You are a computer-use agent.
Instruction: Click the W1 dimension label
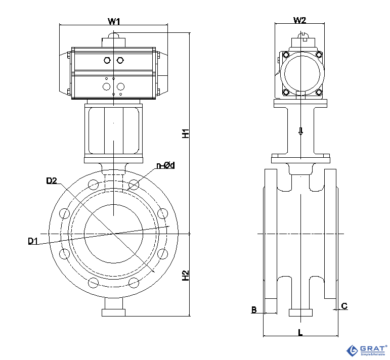[x=114, y=21]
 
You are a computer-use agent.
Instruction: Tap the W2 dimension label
[x=299, y=20]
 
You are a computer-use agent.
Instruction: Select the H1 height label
[x=186, y=134]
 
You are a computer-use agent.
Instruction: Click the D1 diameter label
[x=33, y=241]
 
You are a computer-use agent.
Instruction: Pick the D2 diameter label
[x=51, y=181]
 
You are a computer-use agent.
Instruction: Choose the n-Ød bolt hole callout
[x=165, y=165]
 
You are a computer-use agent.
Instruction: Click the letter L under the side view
[x=300, y=332]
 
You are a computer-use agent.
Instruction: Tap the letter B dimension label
[x=254, y=309]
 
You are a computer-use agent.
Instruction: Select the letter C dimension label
[x=344, y=306]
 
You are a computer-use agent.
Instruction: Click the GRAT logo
[x=366, y=350]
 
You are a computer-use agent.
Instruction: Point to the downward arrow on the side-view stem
[x=300, y=131]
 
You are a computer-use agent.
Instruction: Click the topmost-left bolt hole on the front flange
[x=93, y=184]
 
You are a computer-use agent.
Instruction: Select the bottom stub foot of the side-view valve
[x=300, y=312]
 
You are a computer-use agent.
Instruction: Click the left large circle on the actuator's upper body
[x=107, y=61]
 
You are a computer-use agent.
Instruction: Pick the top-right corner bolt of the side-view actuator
[x=319, y=55]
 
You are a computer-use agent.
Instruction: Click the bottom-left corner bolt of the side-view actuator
[x=286, y=92]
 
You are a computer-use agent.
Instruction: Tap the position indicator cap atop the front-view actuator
[x=114, y=37]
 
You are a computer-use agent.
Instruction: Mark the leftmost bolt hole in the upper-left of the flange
[x=64, y=213]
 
